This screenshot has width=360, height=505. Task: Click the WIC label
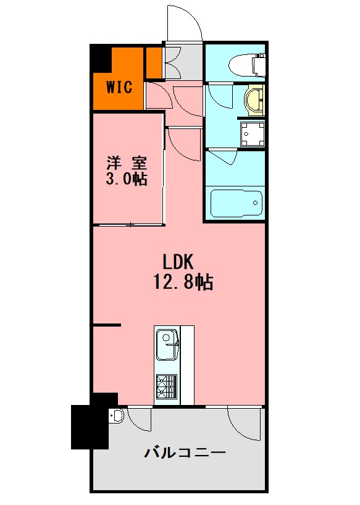(x=119, y=86)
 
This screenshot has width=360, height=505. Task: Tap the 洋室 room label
(x=127, y=163)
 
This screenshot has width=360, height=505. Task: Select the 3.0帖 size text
(x=127, y=179)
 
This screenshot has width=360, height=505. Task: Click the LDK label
(x=178, y=262)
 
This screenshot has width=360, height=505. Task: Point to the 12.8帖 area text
(x=183, y=282)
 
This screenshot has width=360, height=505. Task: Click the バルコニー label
(x=185, y=453)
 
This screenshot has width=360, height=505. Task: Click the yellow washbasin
(x=254, y=101)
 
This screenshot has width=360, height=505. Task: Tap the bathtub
(x=237, y=204)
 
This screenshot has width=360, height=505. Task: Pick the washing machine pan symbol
(x=252, y=135)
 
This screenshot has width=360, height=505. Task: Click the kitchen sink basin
(x=167, y=344)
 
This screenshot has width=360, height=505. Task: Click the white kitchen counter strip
(x=187, y=365)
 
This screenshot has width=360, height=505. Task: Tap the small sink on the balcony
(x=116, y=415)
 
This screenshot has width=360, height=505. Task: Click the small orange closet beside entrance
(x=154, y=62)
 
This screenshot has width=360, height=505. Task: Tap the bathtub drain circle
(x=256, y=203)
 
